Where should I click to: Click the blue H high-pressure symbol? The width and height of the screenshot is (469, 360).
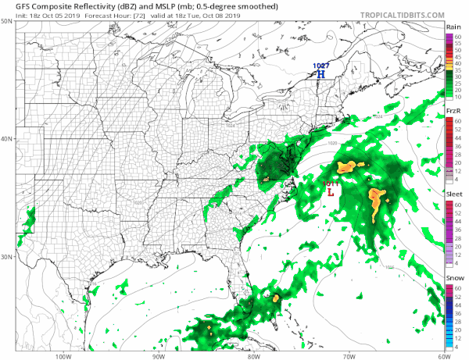320,74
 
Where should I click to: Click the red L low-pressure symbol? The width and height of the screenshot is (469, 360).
331,191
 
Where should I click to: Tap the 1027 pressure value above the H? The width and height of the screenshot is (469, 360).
320,66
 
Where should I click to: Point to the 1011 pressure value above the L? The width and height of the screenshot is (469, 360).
331,183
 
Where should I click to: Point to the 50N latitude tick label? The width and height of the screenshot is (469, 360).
7,22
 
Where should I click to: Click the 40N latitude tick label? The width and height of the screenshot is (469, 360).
7,139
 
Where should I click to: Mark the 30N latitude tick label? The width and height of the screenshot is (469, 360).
7,256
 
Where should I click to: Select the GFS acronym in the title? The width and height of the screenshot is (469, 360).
12,6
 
